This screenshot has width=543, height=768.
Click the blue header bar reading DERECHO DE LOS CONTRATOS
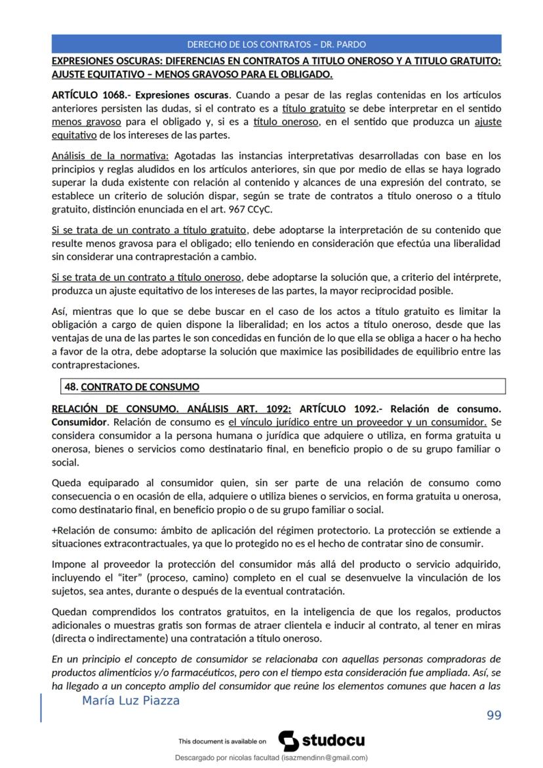point(276,45)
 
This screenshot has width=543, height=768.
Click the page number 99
point(494,715)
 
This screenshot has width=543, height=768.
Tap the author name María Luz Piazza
point(131,701)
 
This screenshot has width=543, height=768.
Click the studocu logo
point(322,741)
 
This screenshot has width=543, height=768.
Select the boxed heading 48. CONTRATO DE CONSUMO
point(132,387)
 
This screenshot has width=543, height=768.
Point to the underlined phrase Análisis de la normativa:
point(110,156)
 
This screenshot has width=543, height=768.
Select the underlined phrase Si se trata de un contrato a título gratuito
point(149,230)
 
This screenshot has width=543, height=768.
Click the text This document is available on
point(222,742)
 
